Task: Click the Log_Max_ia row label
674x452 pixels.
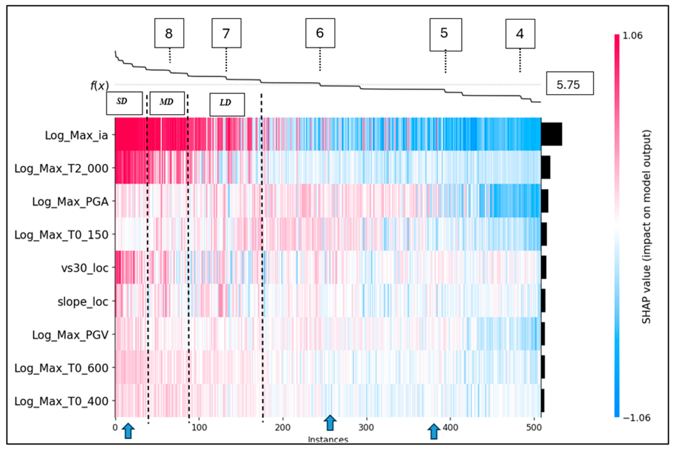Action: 76,135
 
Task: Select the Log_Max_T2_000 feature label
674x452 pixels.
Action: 61,168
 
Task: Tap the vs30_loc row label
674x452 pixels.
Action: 85,268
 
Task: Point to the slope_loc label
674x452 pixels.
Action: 83,302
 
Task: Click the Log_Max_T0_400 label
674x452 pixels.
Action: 61,401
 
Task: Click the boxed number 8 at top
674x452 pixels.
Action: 169,33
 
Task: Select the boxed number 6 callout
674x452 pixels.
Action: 320,33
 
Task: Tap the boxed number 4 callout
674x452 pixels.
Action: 520,34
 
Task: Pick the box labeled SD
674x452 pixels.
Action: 124,103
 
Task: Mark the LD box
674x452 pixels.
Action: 227,104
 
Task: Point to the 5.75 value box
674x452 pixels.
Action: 570,83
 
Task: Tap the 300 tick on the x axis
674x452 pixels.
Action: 366,427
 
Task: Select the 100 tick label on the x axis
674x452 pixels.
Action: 199,427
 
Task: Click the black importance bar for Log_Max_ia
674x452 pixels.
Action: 551,134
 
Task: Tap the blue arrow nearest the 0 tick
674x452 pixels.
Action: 128,431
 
